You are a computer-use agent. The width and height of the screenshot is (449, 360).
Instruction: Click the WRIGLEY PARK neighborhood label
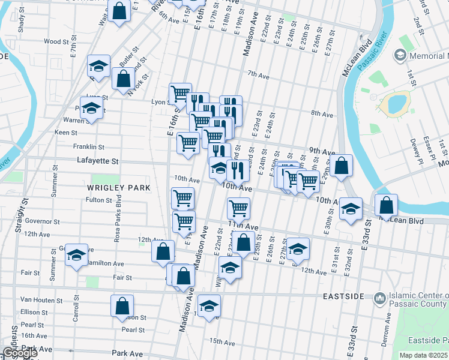pyautogui.click(x=121, y=188)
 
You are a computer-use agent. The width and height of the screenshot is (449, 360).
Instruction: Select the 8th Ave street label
pyautogui.click(x=322, y=114)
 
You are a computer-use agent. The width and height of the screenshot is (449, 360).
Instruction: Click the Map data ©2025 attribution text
pyautogui.click(x=423, y=355)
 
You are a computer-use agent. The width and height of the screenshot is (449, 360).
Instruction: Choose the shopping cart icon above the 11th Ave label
pyautogui.click(x=238, y=208)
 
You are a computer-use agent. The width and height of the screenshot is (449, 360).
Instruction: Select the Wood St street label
pyautogui.click(x=56, y=41)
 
